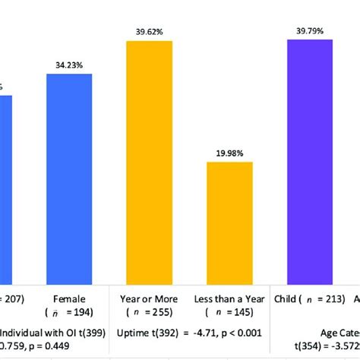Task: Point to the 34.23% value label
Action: (70, 66)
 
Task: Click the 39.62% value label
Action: (150, 32)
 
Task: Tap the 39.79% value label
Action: (310, 30)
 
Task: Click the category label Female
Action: (70, 298)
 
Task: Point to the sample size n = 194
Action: (70, 312)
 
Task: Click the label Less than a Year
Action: (229, 298)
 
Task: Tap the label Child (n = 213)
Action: (310, 298)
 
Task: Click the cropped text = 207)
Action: (12, 298)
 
